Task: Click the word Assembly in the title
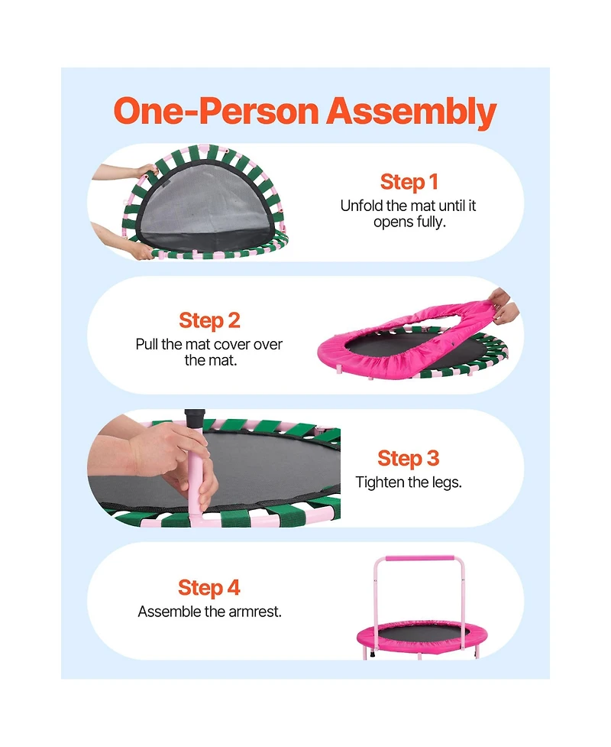(411, 112)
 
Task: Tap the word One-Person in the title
(216, 111)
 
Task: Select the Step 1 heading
(409, 182)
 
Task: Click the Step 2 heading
(209, 320)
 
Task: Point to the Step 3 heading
(409, 459)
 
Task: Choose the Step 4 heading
(209, 588)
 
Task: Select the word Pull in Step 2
(147, 344)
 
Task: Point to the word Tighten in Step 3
(380, 482)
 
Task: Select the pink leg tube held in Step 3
(195, 476)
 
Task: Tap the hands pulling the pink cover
(503, 306)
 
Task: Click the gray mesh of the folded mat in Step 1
(202, 200)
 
